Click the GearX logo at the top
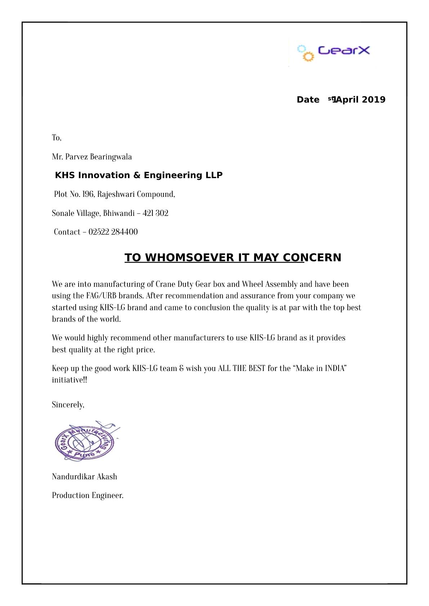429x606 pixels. coord(333,51)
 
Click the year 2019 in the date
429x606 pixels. coord(374,100)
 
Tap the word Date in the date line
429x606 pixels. coord(308,100)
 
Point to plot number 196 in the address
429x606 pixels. coord(88,194)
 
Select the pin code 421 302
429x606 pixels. coord(156,213)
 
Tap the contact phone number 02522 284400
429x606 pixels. coord(113,232)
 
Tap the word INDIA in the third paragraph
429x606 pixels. coord(335,368)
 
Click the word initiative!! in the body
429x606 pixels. coord(70,380)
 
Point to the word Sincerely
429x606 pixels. coord(68,405)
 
